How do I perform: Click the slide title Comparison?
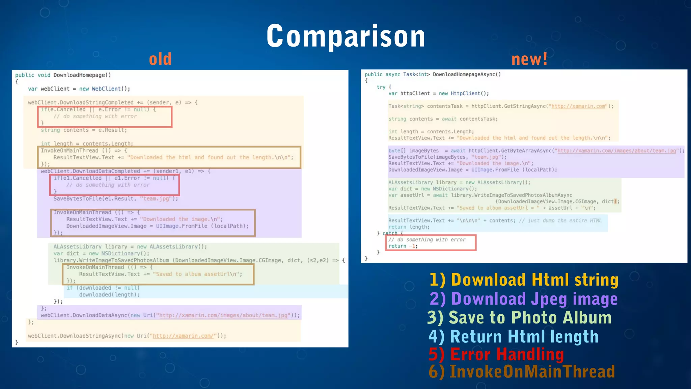point(346,36)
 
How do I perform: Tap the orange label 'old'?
point(160,59)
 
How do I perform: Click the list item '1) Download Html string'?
point(524,280)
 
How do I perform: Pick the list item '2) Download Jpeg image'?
point(524,299)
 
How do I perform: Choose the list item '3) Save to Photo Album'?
point(519,318)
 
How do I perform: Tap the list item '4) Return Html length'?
point(513,337)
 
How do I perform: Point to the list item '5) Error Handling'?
point(496,355)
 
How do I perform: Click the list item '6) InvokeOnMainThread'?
point(522,371)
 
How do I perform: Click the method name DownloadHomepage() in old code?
point(82,75)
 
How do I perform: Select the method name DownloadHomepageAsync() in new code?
point(467,74)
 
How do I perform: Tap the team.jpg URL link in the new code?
point(617,151)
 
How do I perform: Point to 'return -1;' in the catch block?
point(403,246)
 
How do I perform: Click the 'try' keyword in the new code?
point(381,87)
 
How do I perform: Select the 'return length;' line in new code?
point(409,227)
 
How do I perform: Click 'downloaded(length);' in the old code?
point(109,295)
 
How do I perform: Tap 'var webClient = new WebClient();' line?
point(79,89)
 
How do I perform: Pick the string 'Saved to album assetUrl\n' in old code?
point(197,274)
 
